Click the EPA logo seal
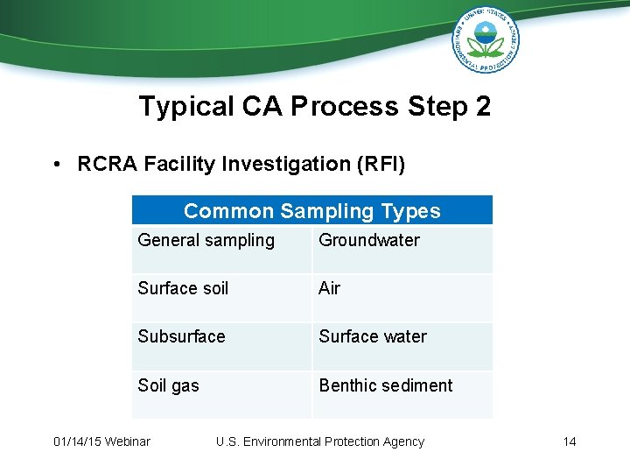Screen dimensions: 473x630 click(486, 39)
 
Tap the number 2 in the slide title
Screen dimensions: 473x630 click(481, 107)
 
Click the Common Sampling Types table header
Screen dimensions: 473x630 click(311, 211)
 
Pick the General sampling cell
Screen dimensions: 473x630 click(206, 241)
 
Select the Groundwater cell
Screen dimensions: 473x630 click(369, 241)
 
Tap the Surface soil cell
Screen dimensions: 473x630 click(183, 289)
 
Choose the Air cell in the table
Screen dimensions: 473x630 click(330, 289)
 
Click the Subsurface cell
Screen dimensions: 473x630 click(181, 337)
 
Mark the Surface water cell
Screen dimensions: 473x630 click(373, 337)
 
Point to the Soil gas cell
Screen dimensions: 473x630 click(168, 386)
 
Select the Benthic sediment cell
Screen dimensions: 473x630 click(386, 386)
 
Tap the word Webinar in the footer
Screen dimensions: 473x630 click(127, 441)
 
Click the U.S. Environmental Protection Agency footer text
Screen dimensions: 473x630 click(320, 441)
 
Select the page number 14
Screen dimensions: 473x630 click(570, 441)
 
